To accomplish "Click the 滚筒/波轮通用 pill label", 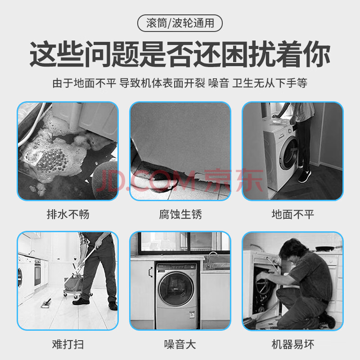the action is [x=180, y=23].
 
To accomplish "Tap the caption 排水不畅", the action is [x=68, y=215].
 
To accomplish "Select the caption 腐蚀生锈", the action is [x=180, y=215].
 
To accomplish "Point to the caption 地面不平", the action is [x=292, y=215].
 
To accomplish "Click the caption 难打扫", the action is [x=68, y=344].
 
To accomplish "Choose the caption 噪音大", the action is [x=180, y=344].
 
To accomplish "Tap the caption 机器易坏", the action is [x=292, y=344].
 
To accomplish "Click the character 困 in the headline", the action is [x=235, y=54].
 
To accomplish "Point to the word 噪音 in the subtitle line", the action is [x=219, y=83].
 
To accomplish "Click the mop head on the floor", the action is [x=46, y=303].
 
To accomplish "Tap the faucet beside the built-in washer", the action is [x=211, y=260].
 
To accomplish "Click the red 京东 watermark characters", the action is [x=234, y=181].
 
